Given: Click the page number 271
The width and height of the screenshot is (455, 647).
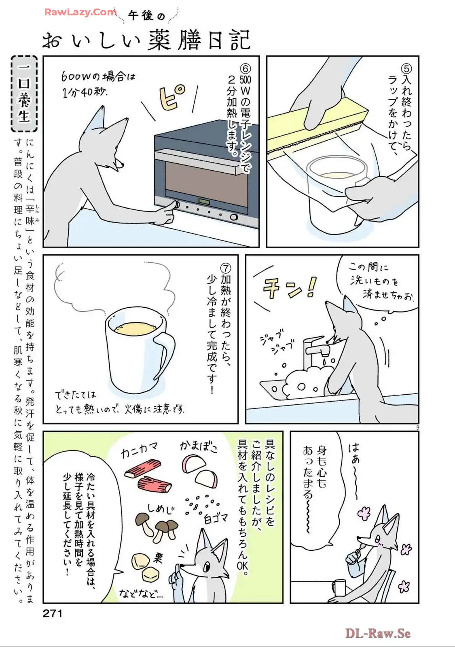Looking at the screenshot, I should (53, 613).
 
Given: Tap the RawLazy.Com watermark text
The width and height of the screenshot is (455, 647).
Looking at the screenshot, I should (80, 12).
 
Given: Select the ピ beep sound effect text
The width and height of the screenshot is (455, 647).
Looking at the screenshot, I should (173, 97).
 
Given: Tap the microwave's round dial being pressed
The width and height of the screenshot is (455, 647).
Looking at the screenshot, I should (175, 205).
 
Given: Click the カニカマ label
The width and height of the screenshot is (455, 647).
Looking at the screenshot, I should (139, 450).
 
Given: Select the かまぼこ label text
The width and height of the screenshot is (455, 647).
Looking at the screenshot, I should (199, 446).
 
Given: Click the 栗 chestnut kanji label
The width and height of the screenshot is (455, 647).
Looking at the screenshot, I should (158, 558).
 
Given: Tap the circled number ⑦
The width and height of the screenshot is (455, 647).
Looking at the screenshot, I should (226, 268).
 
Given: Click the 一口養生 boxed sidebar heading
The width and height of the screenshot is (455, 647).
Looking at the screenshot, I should (24, 94).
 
